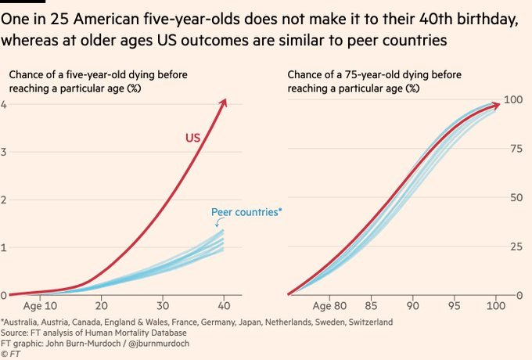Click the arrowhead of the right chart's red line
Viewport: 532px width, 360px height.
(497, 103)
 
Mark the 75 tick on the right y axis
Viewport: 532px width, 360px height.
(513, 148)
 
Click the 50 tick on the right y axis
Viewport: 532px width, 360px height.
(513, 197)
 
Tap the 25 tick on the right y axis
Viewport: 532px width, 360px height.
(513, 247)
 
